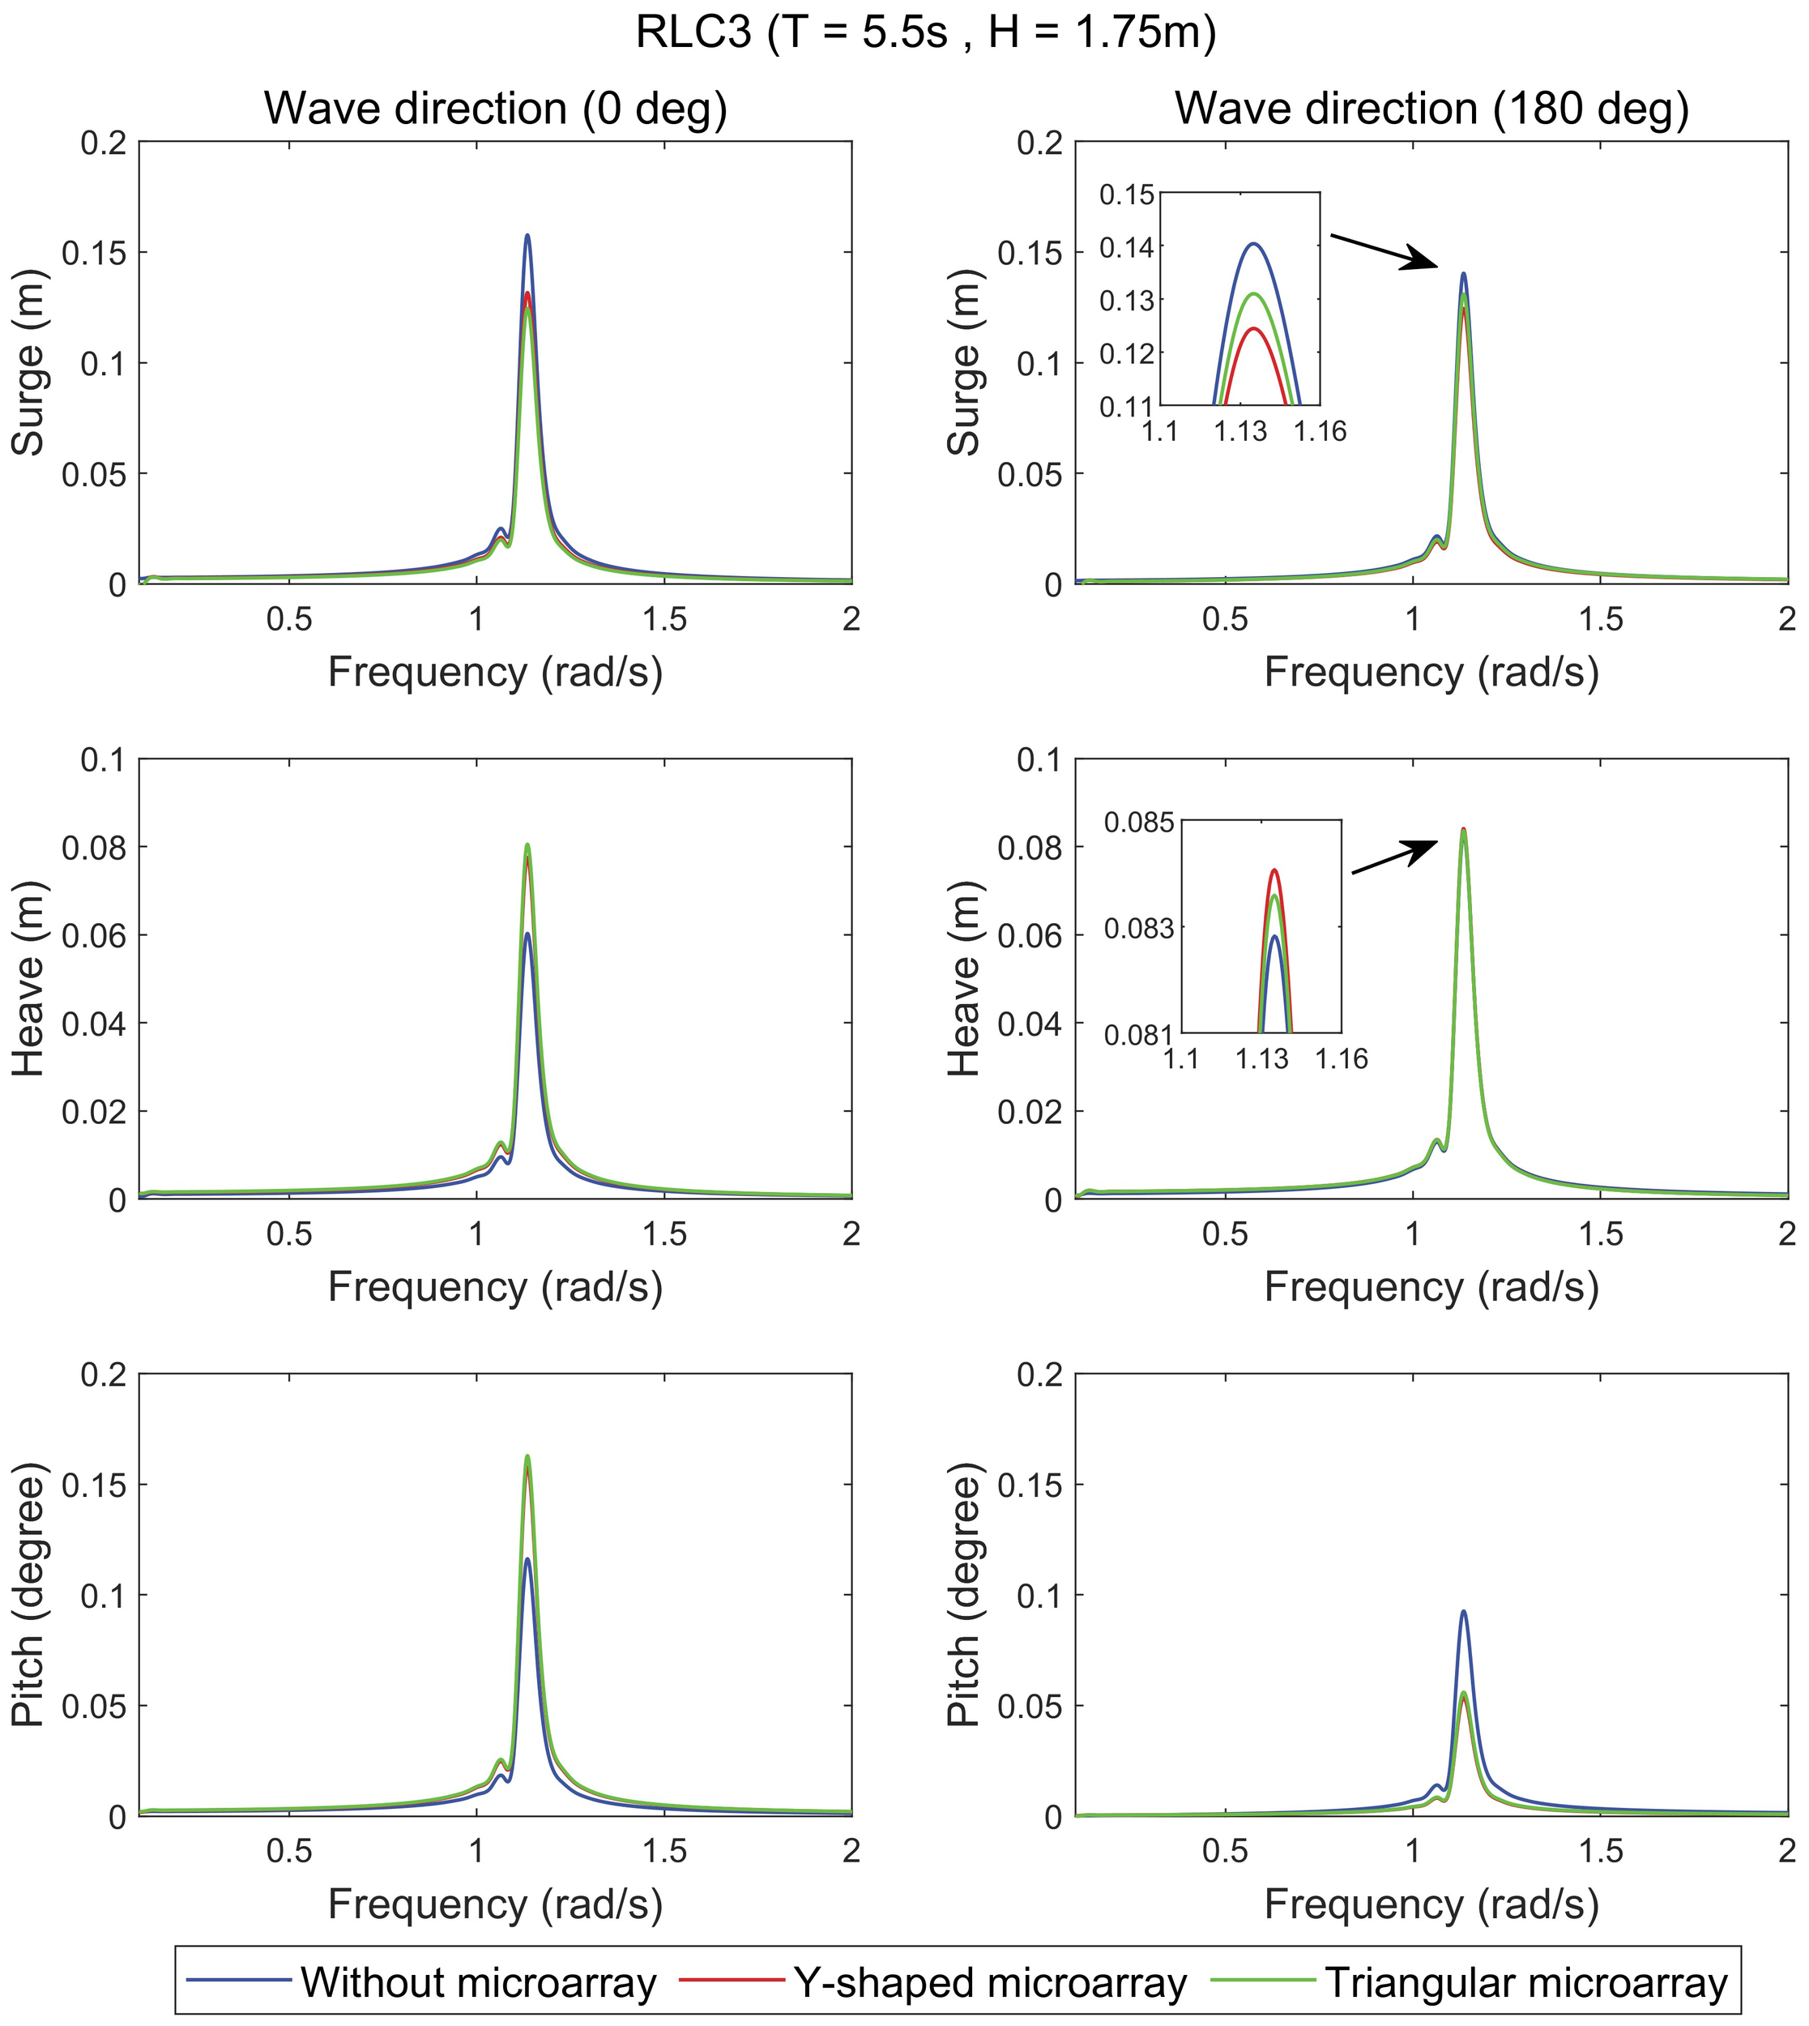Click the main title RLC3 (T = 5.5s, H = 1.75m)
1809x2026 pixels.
coord(925,32)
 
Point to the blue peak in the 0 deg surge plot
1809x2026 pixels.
coord(527,237)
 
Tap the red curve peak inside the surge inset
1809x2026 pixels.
coord(1253,329)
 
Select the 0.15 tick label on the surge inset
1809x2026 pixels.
coord(1127,194)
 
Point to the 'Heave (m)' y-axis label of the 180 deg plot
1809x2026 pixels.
coord(964,978)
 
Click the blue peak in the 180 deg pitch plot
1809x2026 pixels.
coord(1463,1611)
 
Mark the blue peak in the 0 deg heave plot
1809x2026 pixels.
coord(527,934)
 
